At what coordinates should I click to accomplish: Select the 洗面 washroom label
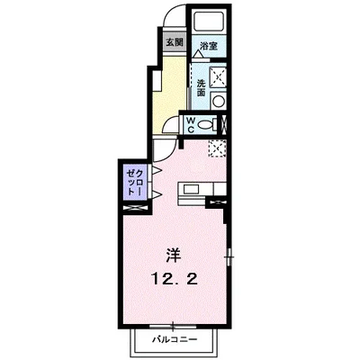(201, 87)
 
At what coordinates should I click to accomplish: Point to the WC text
(191, 124)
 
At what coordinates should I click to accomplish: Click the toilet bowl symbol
(208, 123)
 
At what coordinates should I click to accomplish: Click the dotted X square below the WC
(216, 148)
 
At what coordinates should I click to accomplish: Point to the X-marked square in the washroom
(216, 77)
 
